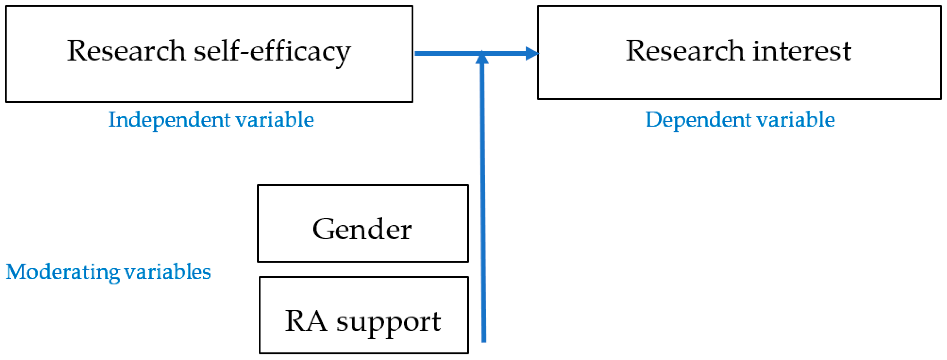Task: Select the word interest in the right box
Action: (802, 51)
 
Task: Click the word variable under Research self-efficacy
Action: (275, 120)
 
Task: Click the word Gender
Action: (362, 229)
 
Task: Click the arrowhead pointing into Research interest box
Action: (532, 54)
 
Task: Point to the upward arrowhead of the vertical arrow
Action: (482, 58)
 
